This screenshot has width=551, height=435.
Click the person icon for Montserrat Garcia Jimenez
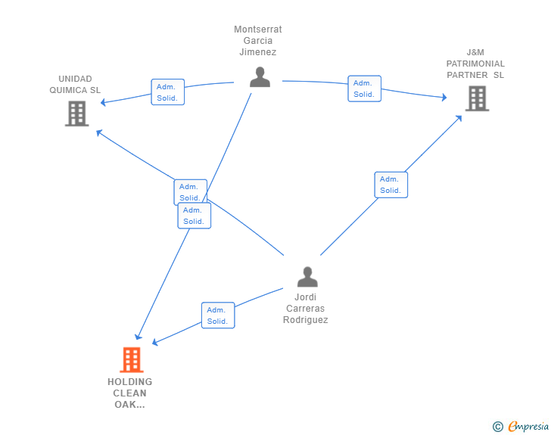point(260,77)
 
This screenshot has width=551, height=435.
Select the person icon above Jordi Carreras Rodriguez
point(307,277)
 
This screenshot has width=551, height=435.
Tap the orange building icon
point(132,360)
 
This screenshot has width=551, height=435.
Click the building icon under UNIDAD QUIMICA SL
point(77,113)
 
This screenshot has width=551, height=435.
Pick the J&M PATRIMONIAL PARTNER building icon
point(477,99)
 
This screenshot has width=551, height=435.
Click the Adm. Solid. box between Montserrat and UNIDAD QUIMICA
point(167,92)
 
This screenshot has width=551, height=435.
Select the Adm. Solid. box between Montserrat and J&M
point(364,89)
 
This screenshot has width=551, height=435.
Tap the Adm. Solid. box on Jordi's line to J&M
point(391,185)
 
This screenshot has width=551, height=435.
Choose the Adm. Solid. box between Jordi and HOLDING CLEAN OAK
point(218,315)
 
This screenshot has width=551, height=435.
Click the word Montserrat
point(258,30)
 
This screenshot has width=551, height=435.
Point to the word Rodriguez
point(305,320)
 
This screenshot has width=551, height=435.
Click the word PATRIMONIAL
point(475,64)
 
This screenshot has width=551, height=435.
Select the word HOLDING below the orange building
point(130,381)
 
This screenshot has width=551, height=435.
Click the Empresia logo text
point(528,426)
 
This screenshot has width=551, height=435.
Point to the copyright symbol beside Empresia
point(497,427)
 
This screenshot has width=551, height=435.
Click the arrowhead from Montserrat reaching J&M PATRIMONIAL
point(444,98)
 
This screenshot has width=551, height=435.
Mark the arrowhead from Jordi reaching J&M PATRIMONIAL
point(459,119)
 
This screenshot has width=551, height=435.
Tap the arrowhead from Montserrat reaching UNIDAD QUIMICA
point(103,102)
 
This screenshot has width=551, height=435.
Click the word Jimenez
point(258,52)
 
